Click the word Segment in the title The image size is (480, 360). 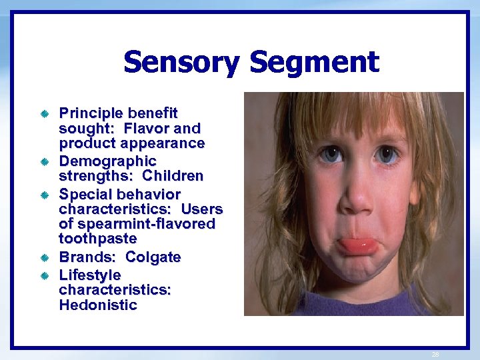pos(314,63)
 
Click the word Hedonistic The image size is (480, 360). pos(98,305)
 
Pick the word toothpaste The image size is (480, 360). pos(98,238)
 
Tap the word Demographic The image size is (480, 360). pos(107,161)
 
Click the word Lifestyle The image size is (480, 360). pos(90,275)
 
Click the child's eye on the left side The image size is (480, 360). pos(330,155)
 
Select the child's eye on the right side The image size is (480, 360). pos(387,155)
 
